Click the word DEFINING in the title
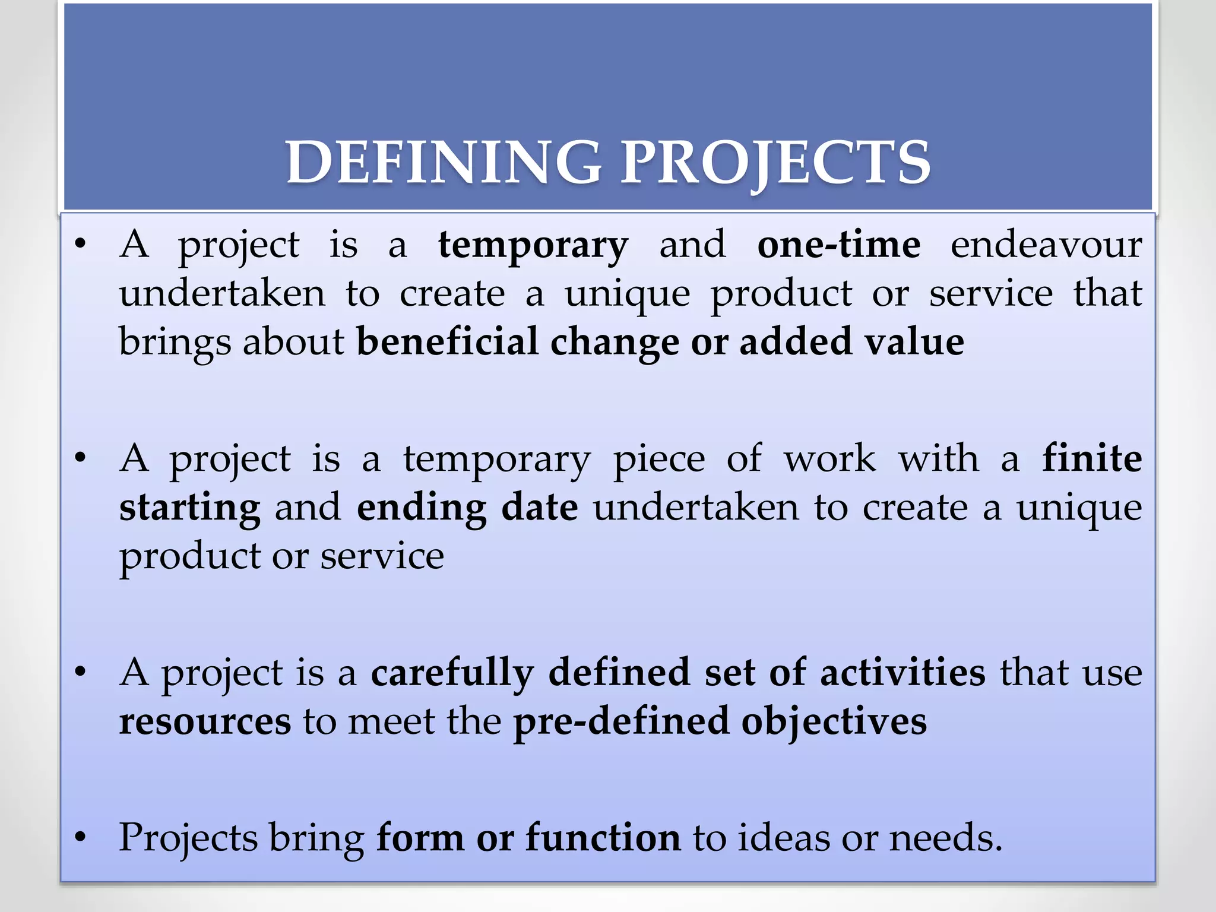tap(443, 162)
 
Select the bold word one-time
tap(839, 244)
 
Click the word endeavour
tap(1046, 244)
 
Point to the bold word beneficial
tap(447, 341)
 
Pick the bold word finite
tap(1092, 458)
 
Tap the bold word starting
tap(189, 508)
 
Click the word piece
tap(659, 459)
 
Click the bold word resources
tap(205, 721)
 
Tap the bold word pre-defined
tap(620, 721)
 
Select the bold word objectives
tap(834, 721)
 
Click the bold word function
tap(603, 838)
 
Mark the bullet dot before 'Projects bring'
tap(81, 838)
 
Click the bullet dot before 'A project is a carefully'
tap(81, 673)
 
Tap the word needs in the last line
tap(944, 838)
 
